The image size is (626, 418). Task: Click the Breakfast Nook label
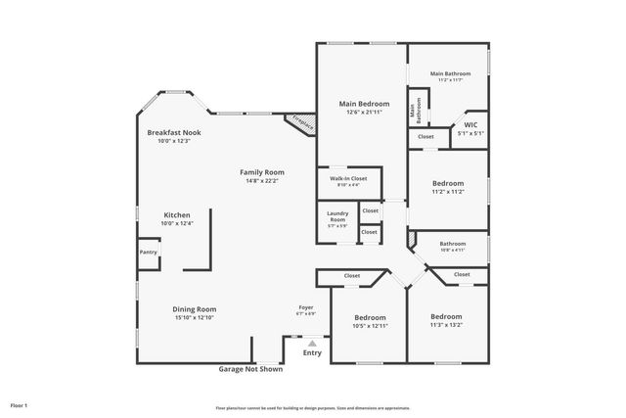pyautogui.click(x=173, y=132)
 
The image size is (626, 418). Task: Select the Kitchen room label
pyautogui.click(x=177, y=214)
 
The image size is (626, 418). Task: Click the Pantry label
pyautogui.click(x=148, y=252)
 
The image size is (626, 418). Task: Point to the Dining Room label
pyautogui.click(x=194, y=309)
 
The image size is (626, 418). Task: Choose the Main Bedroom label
pyautogui.click(x=364, y=104)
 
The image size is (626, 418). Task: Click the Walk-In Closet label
pyautogui.click(x=348, y=178)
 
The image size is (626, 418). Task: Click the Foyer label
pyautogui.click(x=306, y=307)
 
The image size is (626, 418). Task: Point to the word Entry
pyautogui.click(x=312, y=352)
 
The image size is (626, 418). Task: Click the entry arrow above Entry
pyautogui.click(x=312, y=343)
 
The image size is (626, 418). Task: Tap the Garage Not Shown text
pyautogui.click(x=249, y=369)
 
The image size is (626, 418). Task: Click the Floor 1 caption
pyautogui.click(x=19, y=404)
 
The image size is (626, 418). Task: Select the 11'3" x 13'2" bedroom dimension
pyautogui.click(x=446, y=325)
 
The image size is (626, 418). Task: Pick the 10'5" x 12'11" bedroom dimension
pyautogui.click(x=370, y=325)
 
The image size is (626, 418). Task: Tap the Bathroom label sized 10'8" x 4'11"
pyautogui.click(x=452, y=244)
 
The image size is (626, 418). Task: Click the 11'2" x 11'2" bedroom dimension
pyautogui.click(x=447, y=192)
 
